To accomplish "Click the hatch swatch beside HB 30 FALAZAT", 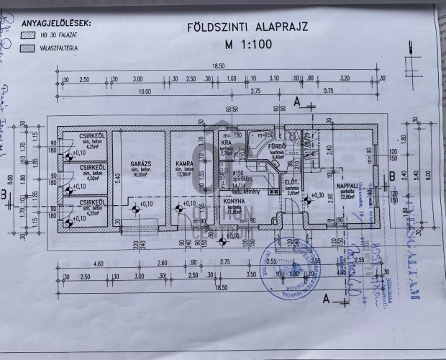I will [29, 34].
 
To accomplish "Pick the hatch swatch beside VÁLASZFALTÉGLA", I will [29, 48].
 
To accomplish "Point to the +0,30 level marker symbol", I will [307, 196].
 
